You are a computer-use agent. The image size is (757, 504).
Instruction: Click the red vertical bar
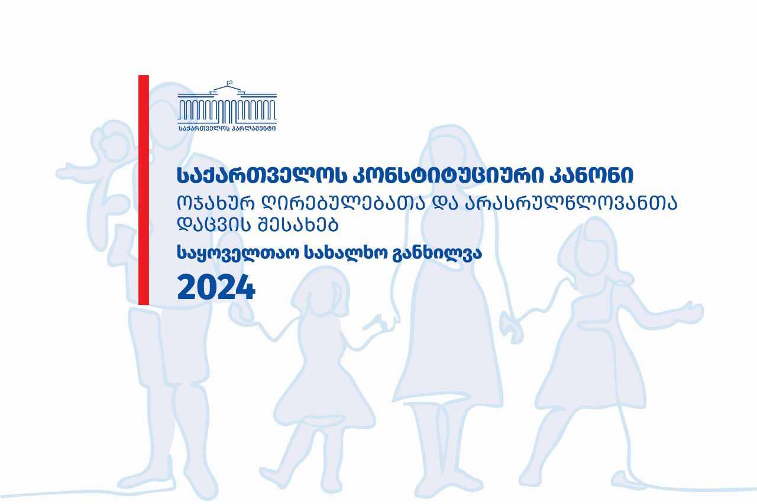point(144,190)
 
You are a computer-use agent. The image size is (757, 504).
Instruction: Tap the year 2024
point(216,287)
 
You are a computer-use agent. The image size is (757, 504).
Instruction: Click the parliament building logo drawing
point(227,102)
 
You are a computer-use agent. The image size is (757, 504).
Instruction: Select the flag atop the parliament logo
point(229,83)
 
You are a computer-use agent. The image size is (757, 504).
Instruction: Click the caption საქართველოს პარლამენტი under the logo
point(227,128)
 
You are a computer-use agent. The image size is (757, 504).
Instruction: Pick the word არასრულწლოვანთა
point(571,203)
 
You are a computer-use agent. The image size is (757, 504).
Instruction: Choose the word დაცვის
point(215,225)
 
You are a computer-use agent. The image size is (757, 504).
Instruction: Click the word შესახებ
point(298,225)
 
